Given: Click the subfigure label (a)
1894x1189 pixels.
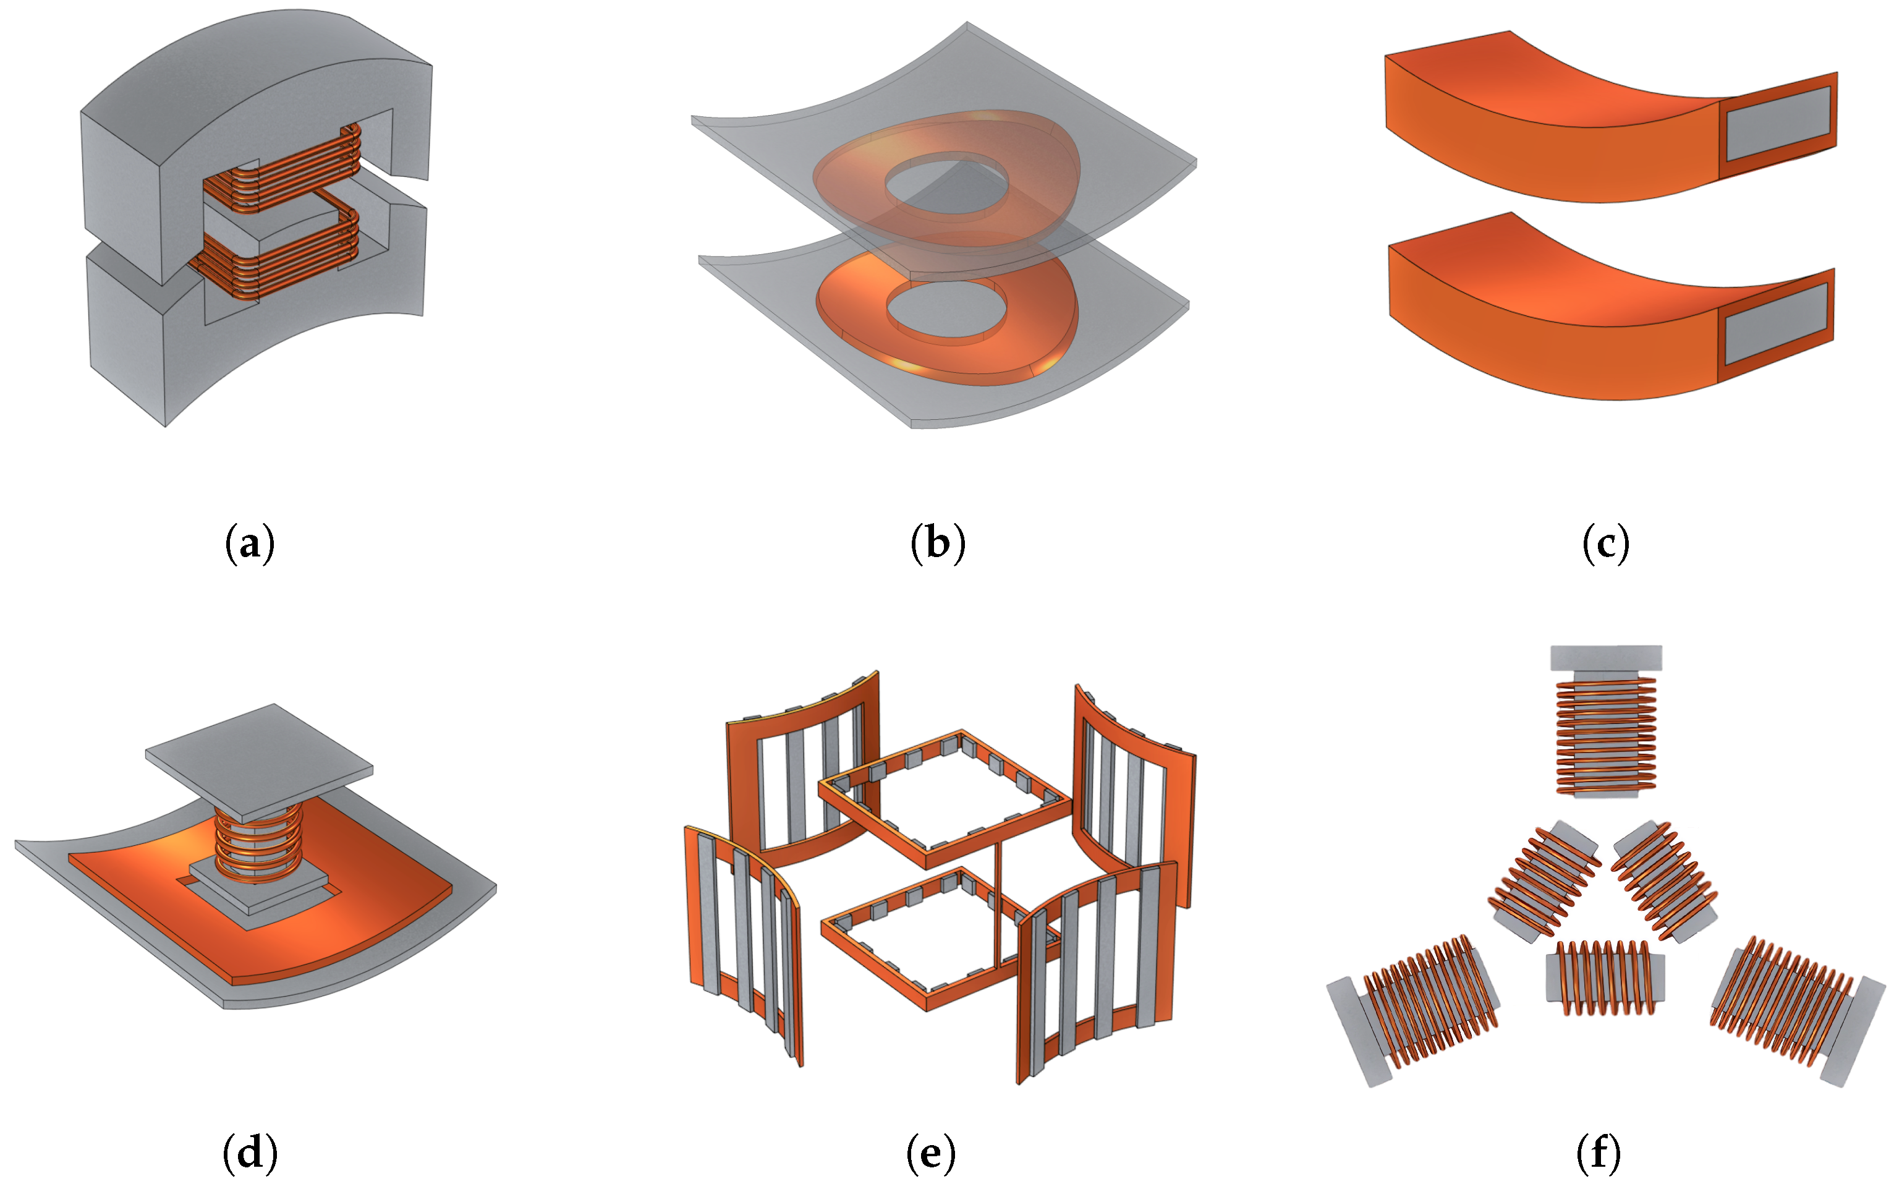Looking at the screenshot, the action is click(250, 543).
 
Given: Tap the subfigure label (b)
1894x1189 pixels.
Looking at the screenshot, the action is click(937, 543).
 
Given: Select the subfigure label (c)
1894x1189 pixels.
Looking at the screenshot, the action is click(1605, 543).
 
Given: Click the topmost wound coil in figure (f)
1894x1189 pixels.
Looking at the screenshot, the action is click(1605, 735).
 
